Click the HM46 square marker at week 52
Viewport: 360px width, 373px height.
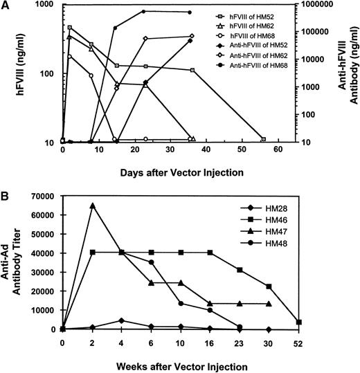tap(336, 322)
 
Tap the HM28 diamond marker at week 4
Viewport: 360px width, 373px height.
tap(122, 320)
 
